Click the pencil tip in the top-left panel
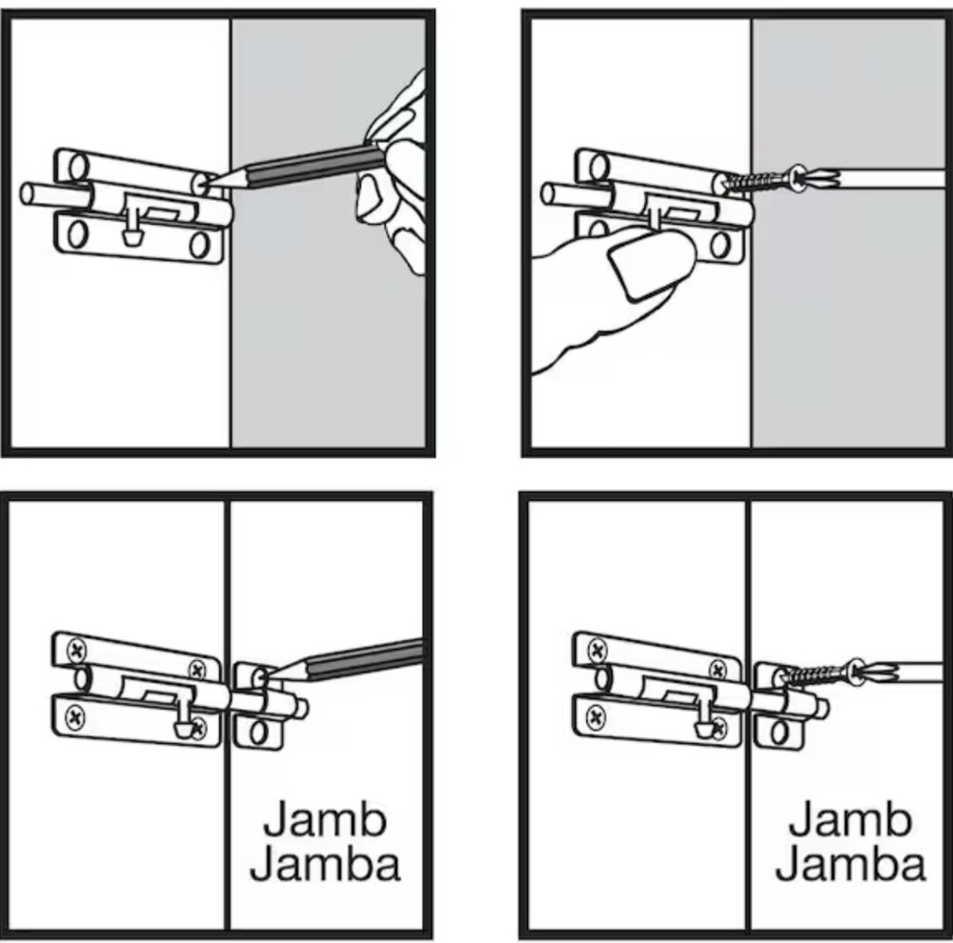[x=207, y=179]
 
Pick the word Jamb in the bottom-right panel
[x=850, y=818]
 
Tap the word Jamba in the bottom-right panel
[x=850, y=865]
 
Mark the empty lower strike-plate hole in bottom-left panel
[x=255, y=733]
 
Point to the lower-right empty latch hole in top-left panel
[x=199, y=246]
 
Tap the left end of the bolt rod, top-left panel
[x=28, y=193]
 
